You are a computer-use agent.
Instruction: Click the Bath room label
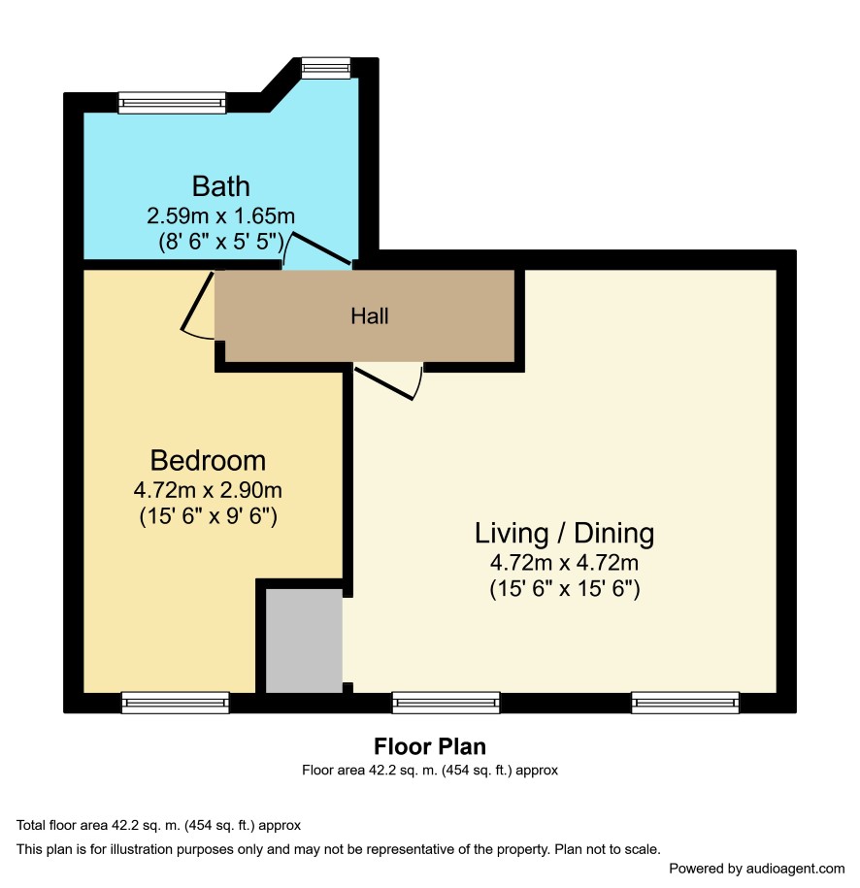221,186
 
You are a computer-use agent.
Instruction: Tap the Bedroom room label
208,460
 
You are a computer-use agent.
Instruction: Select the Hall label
370,316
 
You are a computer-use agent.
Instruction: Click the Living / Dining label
564,534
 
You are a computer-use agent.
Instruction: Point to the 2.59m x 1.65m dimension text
221,215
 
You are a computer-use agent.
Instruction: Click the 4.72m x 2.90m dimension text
208,490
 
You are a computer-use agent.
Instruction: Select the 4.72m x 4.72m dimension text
564,563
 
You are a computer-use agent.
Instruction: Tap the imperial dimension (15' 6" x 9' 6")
208,516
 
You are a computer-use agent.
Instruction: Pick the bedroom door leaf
197,301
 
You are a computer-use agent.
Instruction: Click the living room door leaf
384,384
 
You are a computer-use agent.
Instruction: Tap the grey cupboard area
304,641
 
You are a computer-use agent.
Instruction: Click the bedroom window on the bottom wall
176,703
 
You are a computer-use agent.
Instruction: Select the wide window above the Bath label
172,103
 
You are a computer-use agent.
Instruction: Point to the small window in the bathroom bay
326,68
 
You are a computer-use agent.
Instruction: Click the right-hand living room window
685,703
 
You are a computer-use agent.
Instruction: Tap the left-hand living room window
447,703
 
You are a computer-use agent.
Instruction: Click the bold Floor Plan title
430,746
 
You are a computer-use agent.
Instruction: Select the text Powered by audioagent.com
757,869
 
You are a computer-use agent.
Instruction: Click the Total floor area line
158,825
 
